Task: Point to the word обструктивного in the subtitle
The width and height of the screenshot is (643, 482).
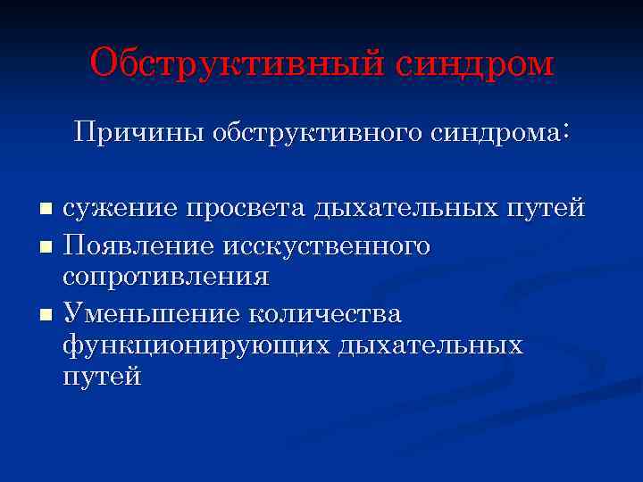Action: point(316,133)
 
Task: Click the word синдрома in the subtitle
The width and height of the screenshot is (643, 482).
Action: point(499,133)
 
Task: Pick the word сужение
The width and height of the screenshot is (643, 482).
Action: point(120,209)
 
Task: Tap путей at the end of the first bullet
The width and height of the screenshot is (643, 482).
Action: point(545,209)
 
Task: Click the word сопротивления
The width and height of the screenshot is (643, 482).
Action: point(165,277)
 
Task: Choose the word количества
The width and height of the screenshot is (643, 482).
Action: point(326,314)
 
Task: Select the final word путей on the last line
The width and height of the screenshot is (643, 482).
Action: point(102,378)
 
